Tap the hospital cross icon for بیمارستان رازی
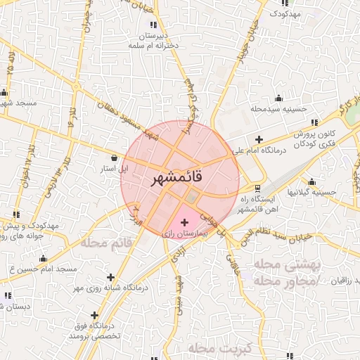pyautogui.click(x=185, y=221)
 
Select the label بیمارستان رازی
pyautogui.click(x=186, y=232)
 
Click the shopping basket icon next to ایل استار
pyautogui.click(x=115, y=157)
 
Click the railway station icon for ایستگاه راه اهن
pyautogui.click(x=257, y=188)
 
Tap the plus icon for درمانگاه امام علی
pyautogui.click(x=259, y=139)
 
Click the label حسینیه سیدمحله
pyautogui.click(x=279, y=109)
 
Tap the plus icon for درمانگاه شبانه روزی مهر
pyautogui.click(x=110, y=277)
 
